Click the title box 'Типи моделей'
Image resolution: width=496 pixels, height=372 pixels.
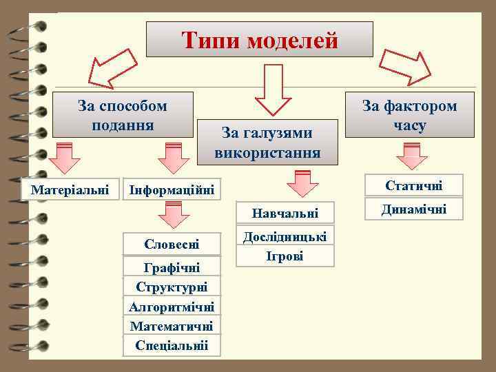coord(260,39)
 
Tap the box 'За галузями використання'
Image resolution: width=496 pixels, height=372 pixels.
coord(267,142)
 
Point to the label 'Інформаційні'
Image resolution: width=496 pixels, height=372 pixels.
coord(172,188)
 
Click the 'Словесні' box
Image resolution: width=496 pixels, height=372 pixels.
coord(172,244)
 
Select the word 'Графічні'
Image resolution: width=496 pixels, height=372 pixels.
coord(172,268)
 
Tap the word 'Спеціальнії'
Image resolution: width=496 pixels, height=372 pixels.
coord(172,344)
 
